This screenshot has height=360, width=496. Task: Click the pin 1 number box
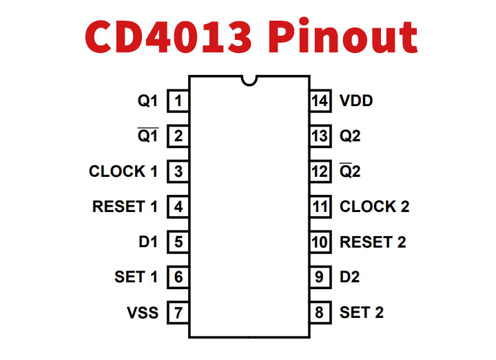pyautogui.click(x=178, y=101)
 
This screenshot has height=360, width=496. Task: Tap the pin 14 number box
pyautogui.click(x=318, y=101)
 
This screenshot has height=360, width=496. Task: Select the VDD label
pyautogui.click(x=356, y=101)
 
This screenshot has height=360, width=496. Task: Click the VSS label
pyautogui.click(x=143, y=313)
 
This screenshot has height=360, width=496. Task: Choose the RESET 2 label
pyautogui.click(x=373, y=242)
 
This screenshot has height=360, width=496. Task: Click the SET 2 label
pyautogui.click(x=362, y=313)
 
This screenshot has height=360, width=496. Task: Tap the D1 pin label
pyautogui.click(x=147, y=242)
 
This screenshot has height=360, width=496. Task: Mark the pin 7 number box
pyautogui.click(x=178, y=313)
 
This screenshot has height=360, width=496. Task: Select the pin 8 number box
pyautogui.click(x=318, y=313)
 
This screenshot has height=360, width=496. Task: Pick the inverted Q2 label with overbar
pyautogui.click(x=350, y=171)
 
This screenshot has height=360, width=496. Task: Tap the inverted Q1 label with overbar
pyautogui.click(x=147, y=136)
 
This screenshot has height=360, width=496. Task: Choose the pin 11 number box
pyautogui.click(x=318, y=207)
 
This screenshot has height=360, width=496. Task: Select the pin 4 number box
pyautogui.click(x=178, y=207)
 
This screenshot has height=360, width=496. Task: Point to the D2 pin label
pyautogui.click(x=349, y=277)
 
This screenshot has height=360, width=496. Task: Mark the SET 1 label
pyautogui.click(x=136, y=277)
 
